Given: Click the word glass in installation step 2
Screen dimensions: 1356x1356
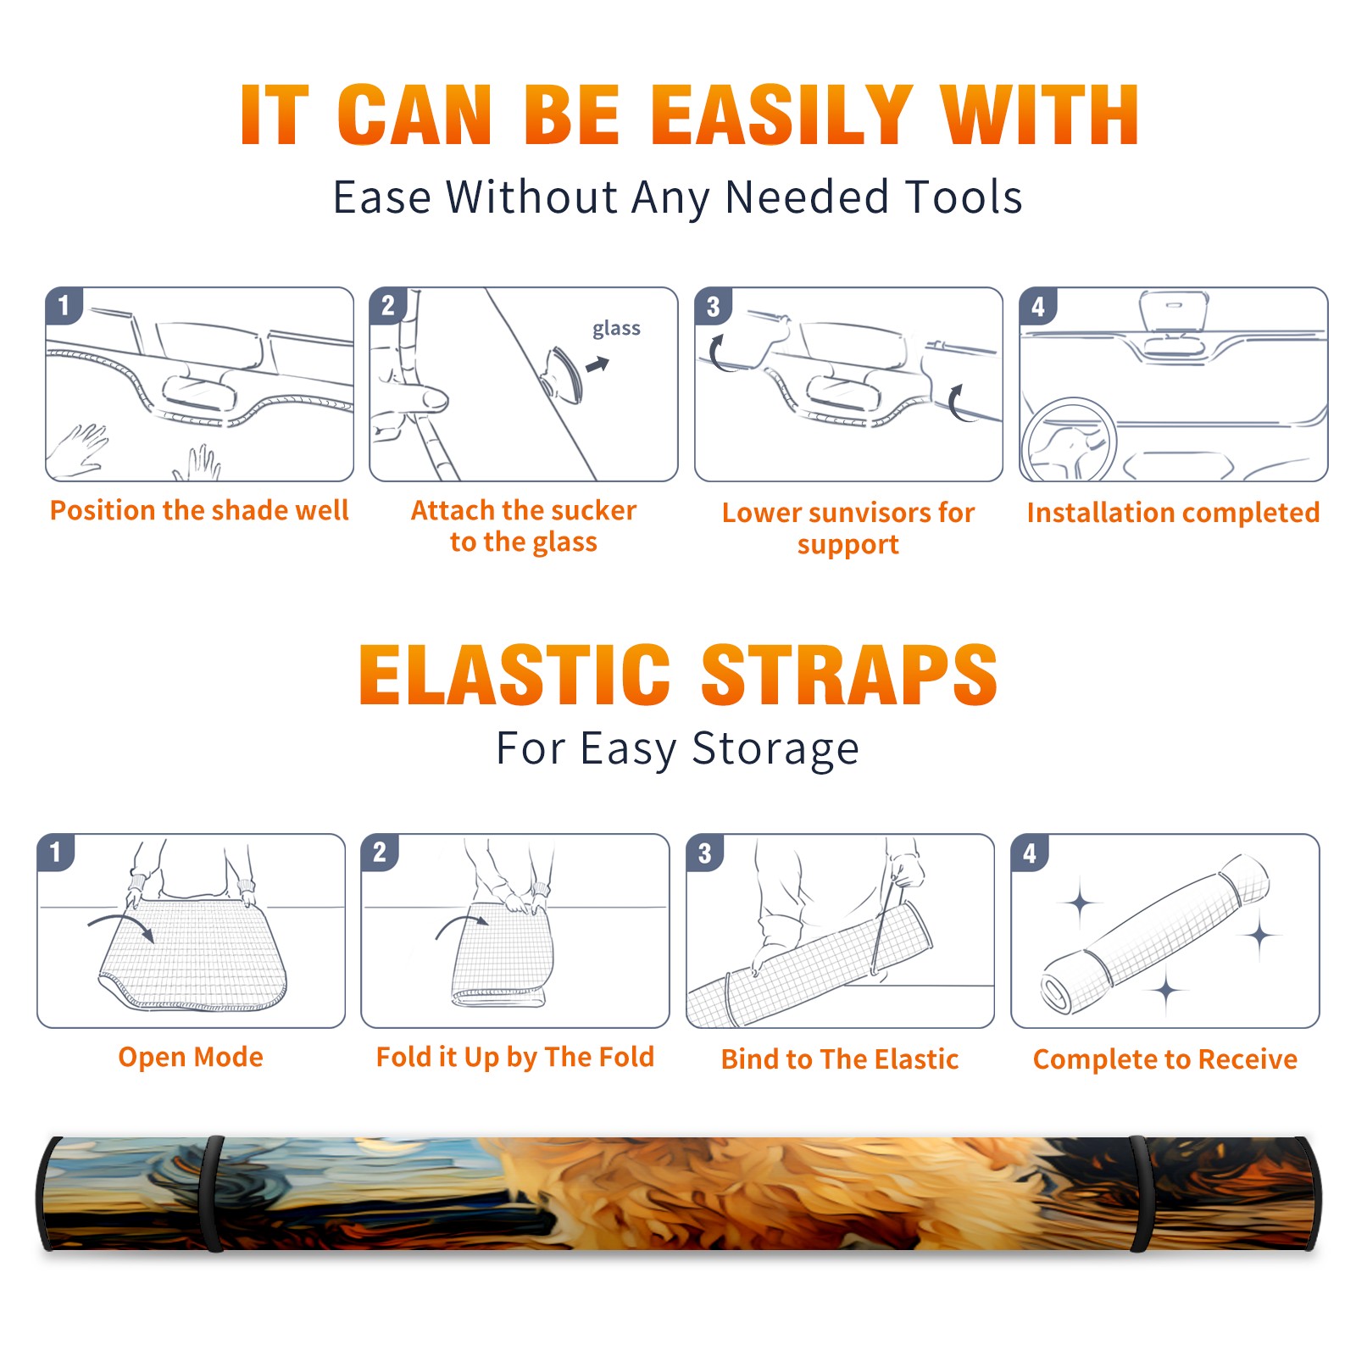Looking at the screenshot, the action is (x=616, y=329).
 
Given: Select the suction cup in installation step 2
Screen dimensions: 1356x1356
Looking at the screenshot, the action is (x=563, y=374).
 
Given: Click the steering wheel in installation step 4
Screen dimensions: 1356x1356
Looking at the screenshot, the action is (x=1070, y=441).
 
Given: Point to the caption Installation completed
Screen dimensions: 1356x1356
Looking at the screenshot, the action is (x=1173, y=513).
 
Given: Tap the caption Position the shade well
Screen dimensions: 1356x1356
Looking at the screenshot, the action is (x=199, y=510).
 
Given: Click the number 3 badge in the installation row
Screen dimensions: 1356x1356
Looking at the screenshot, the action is (x=713, y=307).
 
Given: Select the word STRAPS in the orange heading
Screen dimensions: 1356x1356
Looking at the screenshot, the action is (x=849, y=675).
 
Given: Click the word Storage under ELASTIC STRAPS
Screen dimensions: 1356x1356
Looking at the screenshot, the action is (x=775, y=749).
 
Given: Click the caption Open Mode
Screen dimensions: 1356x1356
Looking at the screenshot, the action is (x=191, y=1057).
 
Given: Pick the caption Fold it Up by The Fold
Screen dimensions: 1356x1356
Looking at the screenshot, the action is (x=515, y=1058).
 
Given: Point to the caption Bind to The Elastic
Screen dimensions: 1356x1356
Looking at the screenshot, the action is (x=840, y=1059).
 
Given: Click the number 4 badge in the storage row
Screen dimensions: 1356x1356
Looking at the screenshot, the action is (x=1030, y=853).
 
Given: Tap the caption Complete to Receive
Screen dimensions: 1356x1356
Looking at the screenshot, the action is (x=1165, y=1059).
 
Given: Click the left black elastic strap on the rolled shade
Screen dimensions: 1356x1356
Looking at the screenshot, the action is (x=212, y=1194).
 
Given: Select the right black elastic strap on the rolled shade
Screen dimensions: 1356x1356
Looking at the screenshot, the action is (x=1139, y=1194).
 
